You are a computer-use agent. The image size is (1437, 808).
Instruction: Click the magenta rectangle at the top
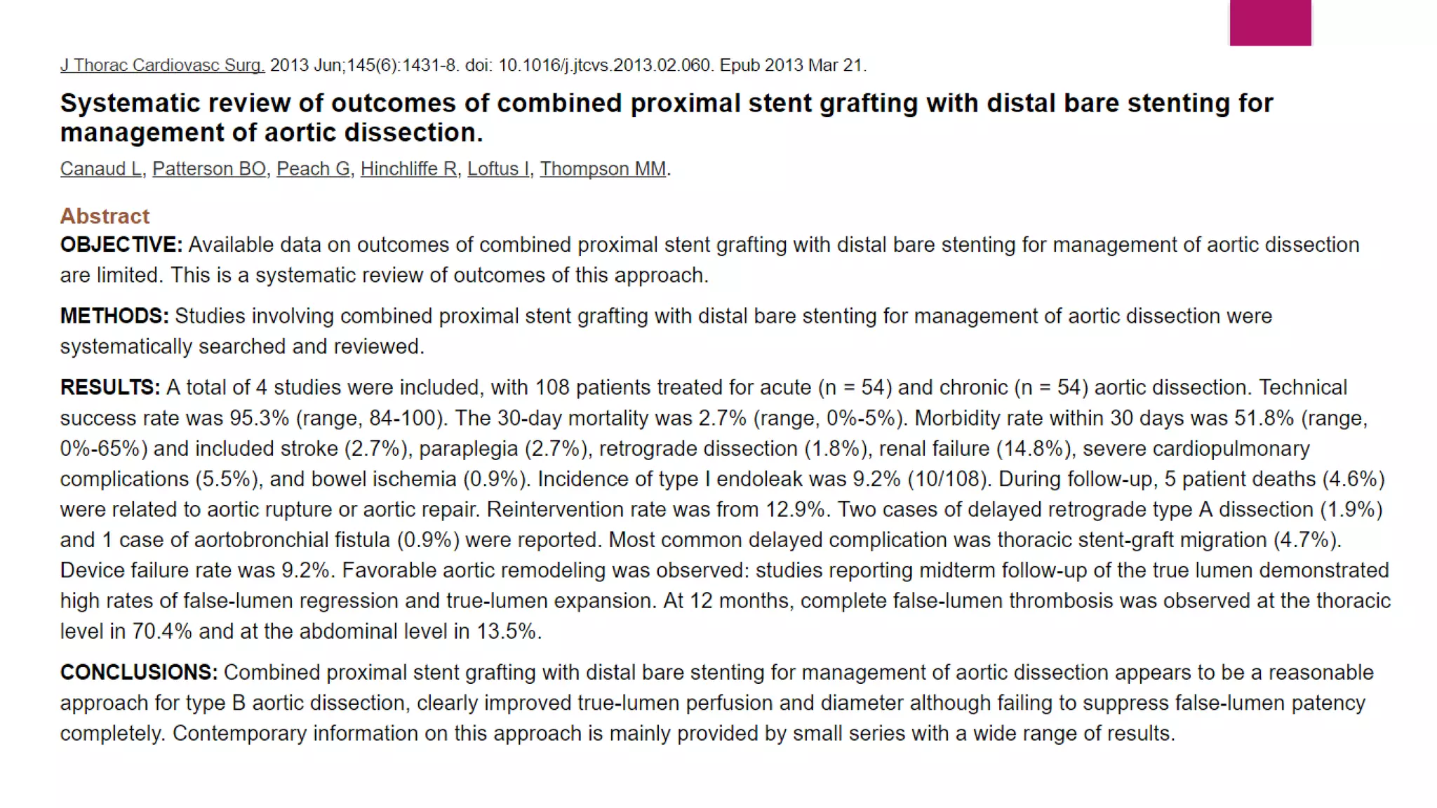(1270, 22)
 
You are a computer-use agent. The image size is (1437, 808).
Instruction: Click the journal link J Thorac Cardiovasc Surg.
(162, 65)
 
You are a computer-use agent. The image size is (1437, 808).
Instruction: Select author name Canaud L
(101, 169)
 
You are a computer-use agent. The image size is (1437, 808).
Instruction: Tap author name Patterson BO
(209, 169)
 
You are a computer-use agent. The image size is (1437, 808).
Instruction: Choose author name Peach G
(313, 169)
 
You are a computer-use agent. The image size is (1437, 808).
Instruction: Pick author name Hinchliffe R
(408, 169)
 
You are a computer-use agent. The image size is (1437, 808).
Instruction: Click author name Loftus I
(498, 169)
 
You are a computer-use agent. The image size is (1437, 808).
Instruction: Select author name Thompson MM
(603, 169)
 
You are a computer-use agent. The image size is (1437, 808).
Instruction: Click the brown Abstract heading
(105, 216)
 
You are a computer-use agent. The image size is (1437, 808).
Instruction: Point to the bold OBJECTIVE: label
(121, 245)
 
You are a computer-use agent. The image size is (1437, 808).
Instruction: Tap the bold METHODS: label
(114, 316)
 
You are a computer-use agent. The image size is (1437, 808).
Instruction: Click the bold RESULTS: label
(110, 388)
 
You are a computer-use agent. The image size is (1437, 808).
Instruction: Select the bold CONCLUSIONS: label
(139, 673)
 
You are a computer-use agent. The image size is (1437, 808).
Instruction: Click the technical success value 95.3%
(260, 419)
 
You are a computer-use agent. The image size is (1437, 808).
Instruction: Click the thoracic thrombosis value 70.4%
(161, 632)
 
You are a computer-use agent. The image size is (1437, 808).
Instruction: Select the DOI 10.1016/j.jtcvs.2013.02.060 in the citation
(605, 65)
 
